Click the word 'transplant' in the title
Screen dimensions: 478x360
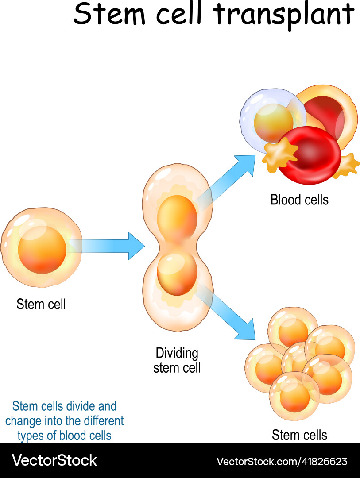[285, 14]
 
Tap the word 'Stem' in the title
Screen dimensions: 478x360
[106, 14]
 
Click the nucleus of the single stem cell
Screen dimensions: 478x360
[42, 250]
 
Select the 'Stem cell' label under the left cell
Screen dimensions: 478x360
[41, 305]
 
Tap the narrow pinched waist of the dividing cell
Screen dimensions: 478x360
[178, 246]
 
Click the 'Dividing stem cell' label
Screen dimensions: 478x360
[177, 360]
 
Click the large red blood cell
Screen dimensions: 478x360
[309, 154]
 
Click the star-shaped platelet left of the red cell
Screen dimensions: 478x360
[279, 154]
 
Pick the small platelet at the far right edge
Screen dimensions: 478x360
[348, 165]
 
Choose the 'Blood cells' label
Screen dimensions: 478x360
[299, 200]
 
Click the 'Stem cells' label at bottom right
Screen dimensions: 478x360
[299, 435]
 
